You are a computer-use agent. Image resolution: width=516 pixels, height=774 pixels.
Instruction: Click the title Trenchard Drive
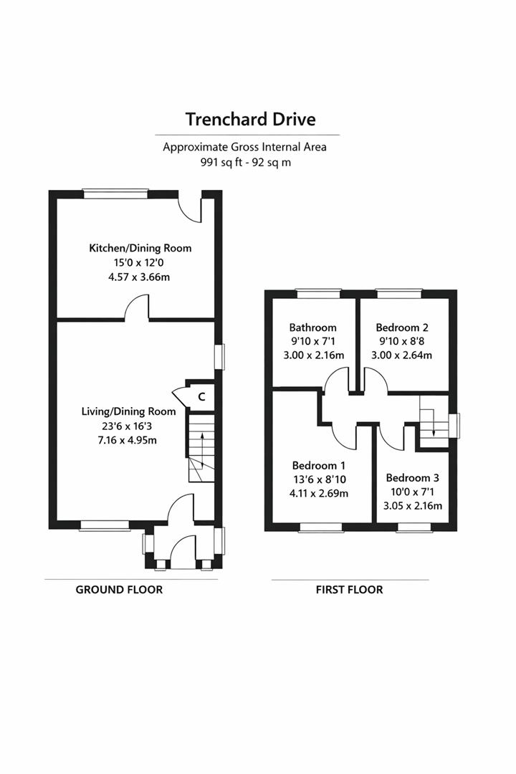(250, 118)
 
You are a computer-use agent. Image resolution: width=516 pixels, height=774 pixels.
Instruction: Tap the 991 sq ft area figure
(223, 162)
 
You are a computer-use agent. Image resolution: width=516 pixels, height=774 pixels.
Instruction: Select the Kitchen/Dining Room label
(140, 248)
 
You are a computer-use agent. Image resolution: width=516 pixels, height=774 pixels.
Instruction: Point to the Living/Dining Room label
(128, 411)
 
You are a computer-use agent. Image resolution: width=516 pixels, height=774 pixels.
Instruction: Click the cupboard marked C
(201, 396)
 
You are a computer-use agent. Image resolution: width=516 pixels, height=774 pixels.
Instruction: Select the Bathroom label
(312, 328)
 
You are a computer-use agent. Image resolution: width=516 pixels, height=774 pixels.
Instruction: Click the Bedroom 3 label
(412, 478)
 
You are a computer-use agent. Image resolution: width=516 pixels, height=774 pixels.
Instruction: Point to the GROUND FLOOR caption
(119, 590)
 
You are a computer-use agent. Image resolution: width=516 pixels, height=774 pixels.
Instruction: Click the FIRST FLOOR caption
(349, 590)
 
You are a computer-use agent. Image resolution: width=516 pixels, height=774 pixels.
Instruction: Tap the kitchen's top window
(115, 193)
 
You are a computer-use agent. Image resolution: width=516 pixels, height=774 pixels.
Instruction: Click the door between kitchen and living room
(138, 310)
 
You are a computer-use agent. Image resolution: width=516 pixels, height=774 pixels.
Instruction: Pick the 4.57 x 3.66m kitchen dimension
(140, 277)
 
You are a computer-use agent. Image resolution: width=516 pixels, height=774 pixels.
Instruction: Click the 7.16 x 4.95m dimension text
(128, 440)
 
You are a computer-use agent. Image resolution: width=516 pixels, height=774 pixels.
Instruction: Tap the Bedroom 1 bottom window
(320, 527)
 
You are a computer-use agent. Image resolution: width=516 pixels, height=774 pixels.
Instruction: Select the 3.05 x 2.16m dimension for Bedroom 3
(412, 506)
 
